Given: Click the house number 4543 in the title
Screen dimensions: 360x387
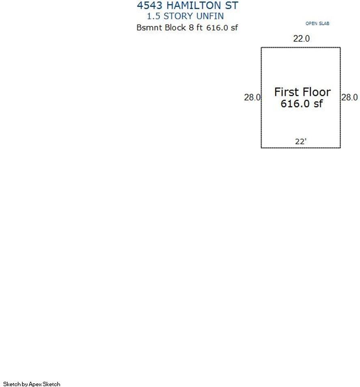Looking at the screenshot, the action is [149, 5].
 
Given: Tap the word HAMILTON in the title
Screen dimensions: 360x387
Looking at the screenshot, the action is [194, 5].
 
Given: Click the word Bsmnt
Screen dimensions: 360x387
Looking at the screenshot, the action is [149, 27].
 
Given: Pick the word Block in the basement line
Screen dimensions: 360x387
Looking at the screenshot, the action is [175, 27].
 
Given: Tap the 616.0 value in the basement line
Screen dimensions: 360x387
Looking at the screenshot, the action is [217, 28].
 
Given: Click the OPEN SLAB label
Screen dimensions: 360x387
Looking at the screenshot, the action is [317, 24].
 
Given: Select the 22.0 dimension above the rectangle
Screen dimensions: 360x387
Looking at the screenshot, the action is [301, 39].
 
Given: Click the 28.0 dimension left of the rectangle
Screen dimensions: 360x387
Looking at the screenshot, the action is [252, 97].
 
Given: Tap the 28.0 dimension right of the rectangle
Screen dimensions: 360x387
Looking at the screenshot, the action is [349, 97].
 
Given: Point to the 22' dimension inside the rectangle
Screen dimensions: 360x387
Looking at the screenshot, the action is [301, 141].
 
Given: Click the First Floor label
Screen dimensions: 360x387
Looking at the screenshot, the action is [302, 92].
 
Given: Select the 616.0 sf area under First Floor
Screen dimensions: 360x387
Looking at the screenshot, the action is [302, 104].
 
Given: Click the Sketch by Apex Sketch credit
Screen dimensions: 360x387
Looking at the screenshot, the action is [32, 384].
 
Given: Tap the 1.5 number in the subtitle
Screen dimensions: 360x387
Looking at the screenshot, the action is [153, 16].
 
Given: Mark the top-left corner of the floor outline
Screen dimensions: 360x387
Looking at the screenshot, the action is [261, 48].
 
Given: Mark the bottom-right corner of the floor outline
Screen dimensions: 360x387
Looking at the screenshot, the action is [341, 148].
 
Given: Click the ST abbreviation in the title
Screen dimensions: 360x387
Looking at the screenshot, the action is [231, 5].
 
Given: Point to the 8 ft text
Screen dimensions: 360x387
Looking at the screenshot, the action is [196, 27].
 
